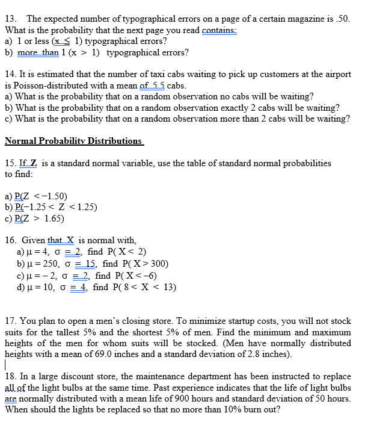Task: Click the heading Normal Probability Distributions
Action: coord(73,141)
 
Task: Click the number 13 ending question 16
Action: coord(170,287)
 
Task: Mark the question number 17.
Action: coord(10,321)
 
